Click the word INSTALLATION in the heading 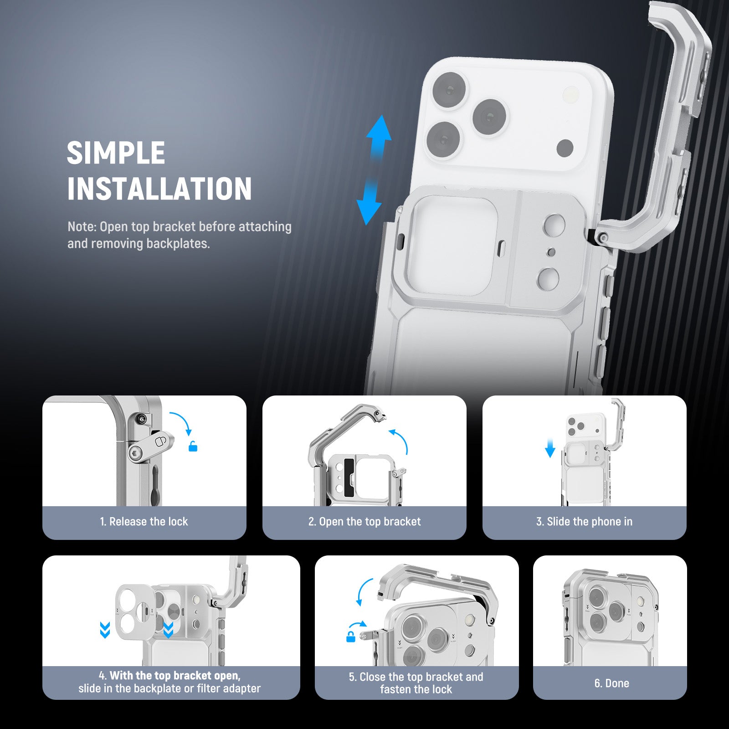click(159, 189)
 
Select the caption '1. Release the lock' click(144, 522)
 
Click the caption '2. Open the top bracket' click(364, 522)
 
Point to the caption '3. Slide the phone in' click(585, 522)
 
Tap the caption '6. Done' click(611, 683)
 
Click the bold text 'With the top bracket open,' click(175, 676)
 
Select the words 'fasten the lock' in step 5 click(416, 689)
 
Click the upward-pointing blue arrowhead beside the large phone click(379, 128)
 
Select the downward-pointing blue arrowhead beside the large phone click(369, 212)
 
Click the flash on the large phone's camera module click(571, 94)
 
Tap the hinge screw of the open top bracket click(603, 237)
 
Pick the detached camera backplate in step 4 click(135, 612)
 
